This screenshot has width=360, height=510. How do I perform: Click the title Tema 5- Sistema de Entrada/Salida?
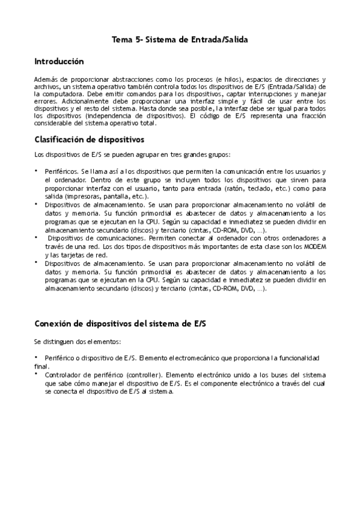pos(180,39)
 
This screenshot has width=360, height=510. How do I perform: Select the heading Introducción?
pos(59,61)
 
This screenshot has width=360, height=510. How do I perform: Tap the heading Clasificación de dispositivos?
pos(89,140)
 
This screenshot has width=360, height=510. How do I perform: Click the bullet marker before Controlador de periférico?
pos(36,373)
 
